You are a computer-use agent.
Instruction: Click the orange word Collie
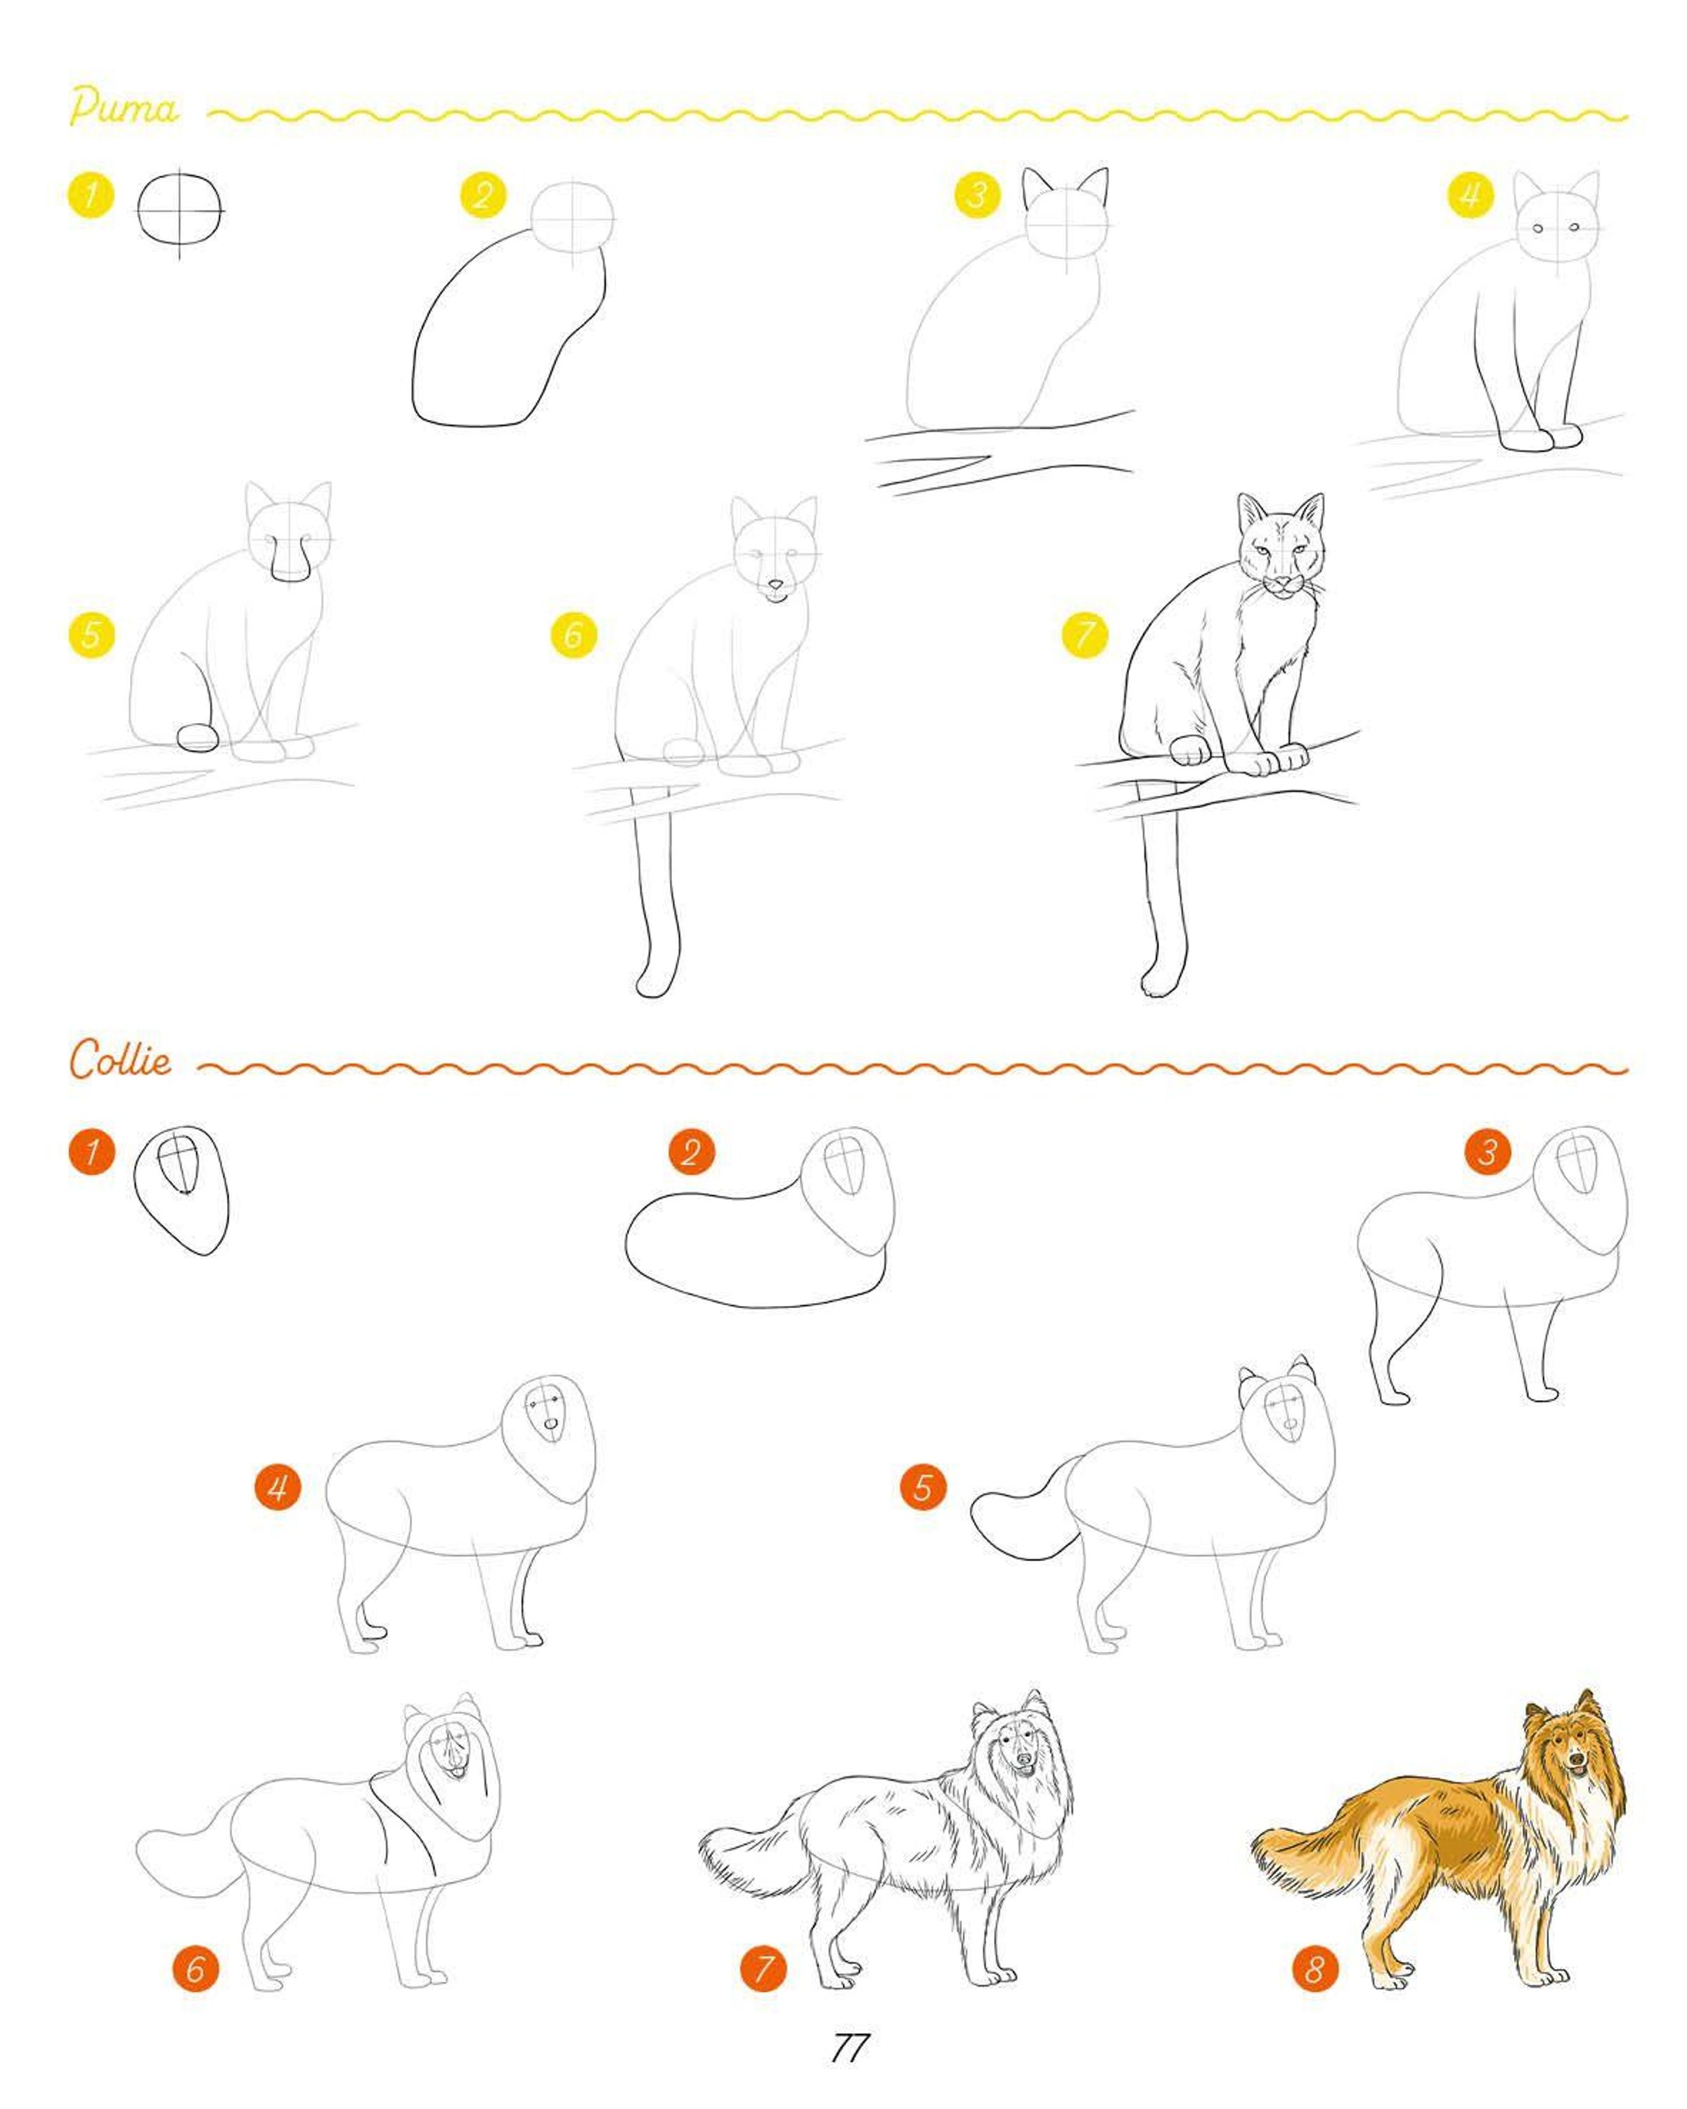120,1059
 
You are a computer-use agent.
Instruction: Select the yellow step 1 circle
90,195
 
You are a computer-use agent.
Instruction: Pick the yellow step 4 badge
1471,195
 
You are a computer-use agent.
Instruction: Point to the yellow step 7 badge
1085,636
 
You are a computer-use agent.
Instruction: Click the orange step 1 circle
92,1150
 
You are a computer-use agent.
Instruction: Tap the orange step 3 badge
1487,1151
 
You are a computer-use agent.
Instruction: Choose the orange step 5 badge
923,1488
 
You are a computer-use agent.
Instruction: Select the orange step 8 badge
1315,1968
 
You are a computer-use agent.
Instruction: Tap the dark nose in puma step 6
775,587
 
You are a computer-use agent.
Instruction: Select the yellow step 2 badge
483,195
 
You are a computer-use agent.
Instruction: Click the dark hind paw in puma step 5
198,738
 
